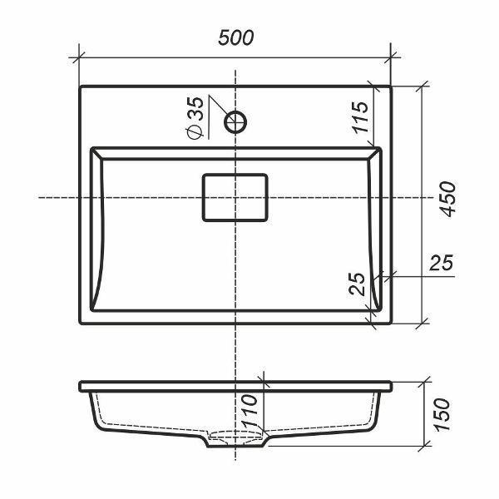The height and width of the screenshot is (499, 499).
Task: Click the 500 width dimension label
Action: coord(236,37)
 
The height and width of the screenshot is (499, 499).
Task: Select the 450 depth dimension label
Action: coord(447,200)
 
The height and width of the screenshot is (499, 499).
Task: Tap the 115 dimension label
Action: coord(360,117)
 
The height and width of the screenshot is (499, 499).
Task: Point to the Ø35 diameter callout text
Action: coord(195,117)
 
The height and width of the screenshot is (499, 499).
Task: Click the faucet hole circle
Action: coord(235,121)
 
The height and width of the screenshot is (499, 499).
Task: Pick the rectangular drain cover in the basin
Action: coord(235,198)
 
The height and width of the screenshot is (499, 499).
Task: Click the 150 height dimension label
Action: coord(442,414)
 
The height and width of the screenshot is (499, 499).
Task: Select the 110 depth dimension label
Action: coord(249,411)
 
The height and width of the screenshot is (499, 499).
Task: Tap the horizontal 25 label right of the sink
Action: coord(441,263)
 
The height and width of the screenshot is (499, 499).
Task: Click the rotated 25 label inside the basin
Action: coord(357,284)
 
